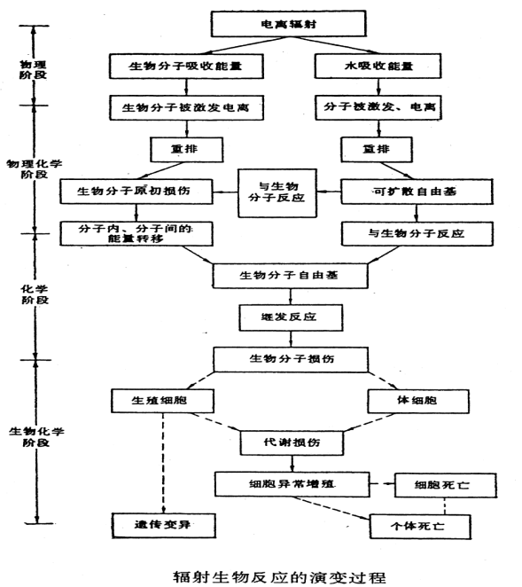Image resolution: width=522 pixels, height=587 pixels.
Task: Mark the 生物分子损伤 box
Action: (x=277, y=358)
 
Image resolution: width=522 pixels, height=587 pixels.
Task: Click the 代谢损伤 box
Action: (x=277, y=441)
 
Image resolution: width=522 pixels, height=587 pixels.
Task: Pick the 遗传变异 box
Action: (x=163, y=525)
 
